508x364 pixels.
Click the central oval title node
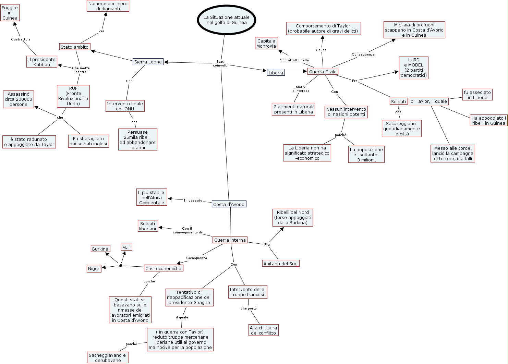tap(227, 20)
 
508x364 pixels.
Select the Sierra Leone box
tap(148, 62)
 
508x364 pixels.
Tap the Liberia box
tap(276, 73)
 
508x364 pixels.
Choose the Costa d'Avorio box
tap(229, 204)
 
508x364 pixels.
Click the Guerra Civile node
tap(323, 72)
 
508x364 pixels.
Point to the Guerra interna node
tap(230, 240)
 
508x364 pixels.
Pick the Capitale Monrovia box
tap(266, 44)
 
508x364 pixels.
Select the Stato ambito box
tap(74, 47)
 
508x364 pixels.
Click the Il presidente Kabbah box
tap(42, 62)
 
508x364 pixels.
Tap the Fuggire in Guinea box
tap(10, 13)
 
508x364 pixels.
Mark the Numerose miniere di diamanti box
tap(108, 6)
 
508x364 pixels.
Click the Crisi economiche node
tap(164, 268)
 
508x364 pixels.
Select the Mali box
tap(126, 247)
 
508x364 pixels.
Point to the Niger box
tap(94, 269)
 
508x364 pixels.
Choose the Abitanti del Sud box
tap(280, 264)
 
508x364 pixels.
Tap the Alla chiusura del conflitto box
tap(263, 330)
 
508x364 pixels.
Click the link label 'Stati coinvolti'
tap(220, 63)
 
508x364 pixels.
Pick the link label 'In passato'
tap(193, 201)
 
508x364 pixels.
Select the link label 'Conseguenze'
tap(363, 54)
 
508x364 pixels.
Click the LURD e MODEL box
tap(414, 68)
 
